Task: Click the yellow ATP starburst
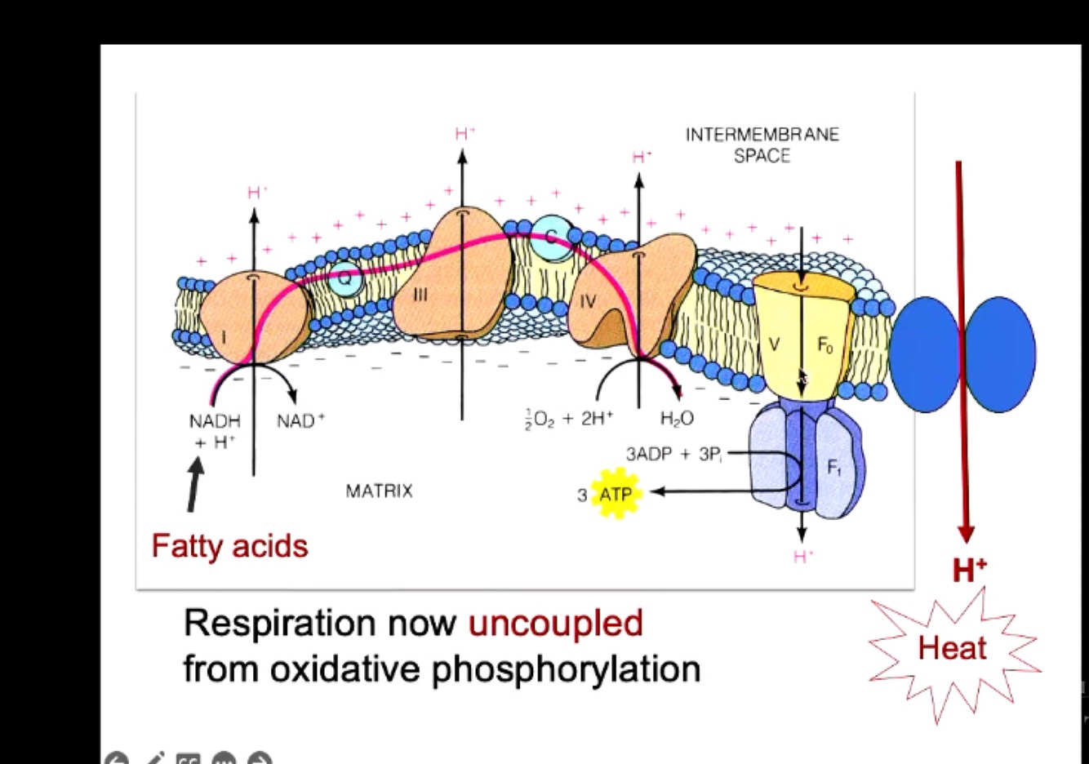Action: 615,494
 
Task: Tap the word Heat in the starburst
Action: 952,648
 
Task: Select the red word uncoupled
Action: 555,624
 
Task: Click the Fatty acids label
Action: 229,545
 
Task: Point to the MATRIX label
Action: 379,491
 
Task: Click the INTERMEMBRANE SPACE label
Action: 762,144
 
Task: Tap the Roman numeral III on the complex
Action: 420,295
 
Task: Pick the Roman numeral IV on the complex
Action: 588,302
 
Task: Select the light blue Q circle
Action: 345,278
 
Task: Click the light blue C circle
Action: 551,238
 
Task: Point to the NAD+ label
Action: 300,421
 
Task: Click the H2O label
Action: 676,419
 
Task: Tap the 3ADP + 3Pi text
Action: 673,454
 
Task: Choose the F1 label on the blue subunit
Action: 833,468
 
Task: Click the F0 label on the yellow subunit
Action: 825,345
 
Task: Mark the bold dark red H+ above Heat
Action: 969,569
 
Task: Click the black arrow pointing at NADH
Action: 194,485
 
